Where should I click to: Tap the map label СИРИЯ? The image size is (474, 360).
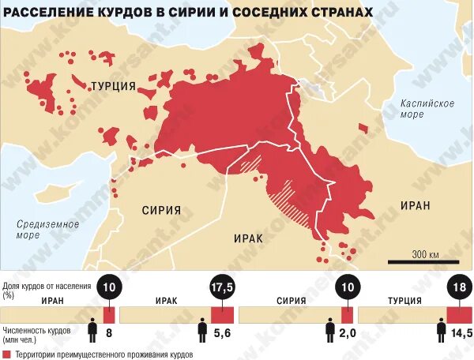pos(161,211)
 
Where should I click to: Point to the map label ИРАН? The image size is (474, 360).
pos(415,205)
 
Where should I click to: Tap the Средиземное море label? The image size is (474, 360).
pos(48,229)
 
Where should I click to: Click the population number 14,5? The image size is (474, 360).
pos(461,335)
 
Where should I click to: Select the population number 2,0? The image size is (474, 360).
pos(347,335)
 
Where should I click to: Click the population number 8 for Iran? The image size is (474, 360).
pos(108,335)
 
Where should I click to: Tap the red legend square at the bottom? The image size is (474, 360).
pos(6,354)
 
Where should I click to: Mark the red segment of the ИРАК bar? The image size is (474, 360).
pos(222,314)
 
